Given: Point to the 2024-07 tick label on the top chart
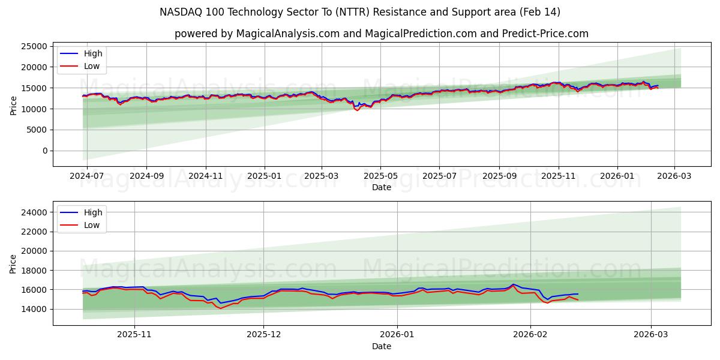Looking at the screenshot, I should (x=87, y=176).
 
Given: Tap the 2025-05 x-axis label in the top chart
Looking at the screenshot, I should (x=380, y=176).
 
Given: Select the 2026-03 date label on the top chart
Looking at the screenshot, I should (x=674, y=176).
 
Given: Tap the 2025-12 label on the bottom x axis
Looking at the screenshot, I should (x=264, y=335).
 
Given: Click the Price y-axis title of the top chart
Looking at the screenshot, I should (x=13, y=105).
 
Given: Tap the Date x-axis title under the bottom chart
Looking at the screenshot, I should (x=382, y=346).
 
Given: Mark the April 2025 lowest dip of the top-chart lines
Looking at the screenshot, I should (x=358, y=110).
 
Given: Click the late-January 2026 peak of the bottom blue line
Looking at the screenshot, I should (x=513, y=284).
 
